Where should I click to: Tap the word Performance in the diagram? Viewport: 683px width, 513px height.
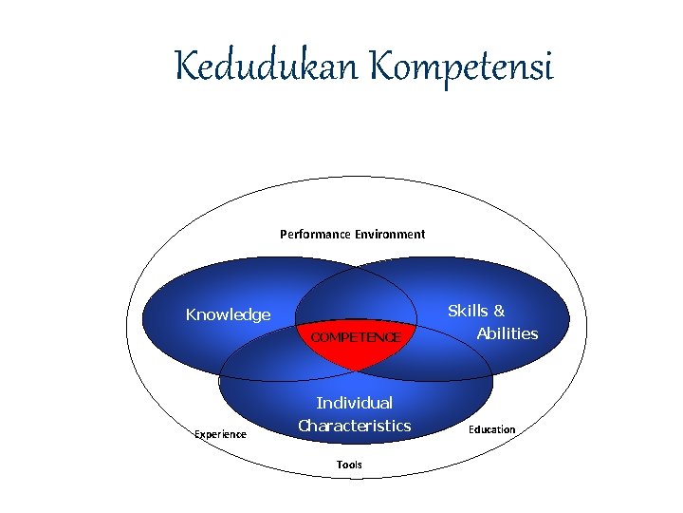[x=315, y=234]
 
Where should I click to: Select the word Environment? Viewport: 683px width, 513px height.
[x=390, y=234]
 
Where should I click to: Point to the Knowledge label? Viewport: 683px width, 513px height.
[x=228, y=315]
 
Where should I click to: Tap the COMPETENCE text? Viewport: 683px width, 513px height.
[x=356, y=337]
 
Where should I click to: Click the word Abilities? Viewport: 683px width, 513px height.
[x=507, y=333]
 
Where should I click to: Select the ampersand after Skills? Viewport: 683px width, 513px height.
[x=499, y=311]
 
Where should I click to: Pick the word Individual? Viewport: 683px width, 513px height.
[x=354, y=403]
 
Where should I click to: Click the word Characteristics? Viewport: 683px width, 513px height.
[x=354, y=426]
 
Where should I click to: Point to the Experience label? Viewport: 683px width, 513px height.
[x=220, y=434]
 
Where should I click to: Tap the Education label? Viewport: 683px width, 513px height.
[x=491, y=429]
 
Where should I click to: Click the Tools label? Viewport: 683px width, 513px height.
[x=349, y=465]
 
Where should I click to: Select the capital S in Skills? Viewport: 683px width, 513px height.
[x=453, y=311]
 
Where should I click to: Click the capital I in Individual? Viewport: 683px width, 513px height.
[x=319, y=403]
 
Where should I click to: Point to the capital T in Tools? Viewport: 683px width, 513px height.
[x=340, y=465]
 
